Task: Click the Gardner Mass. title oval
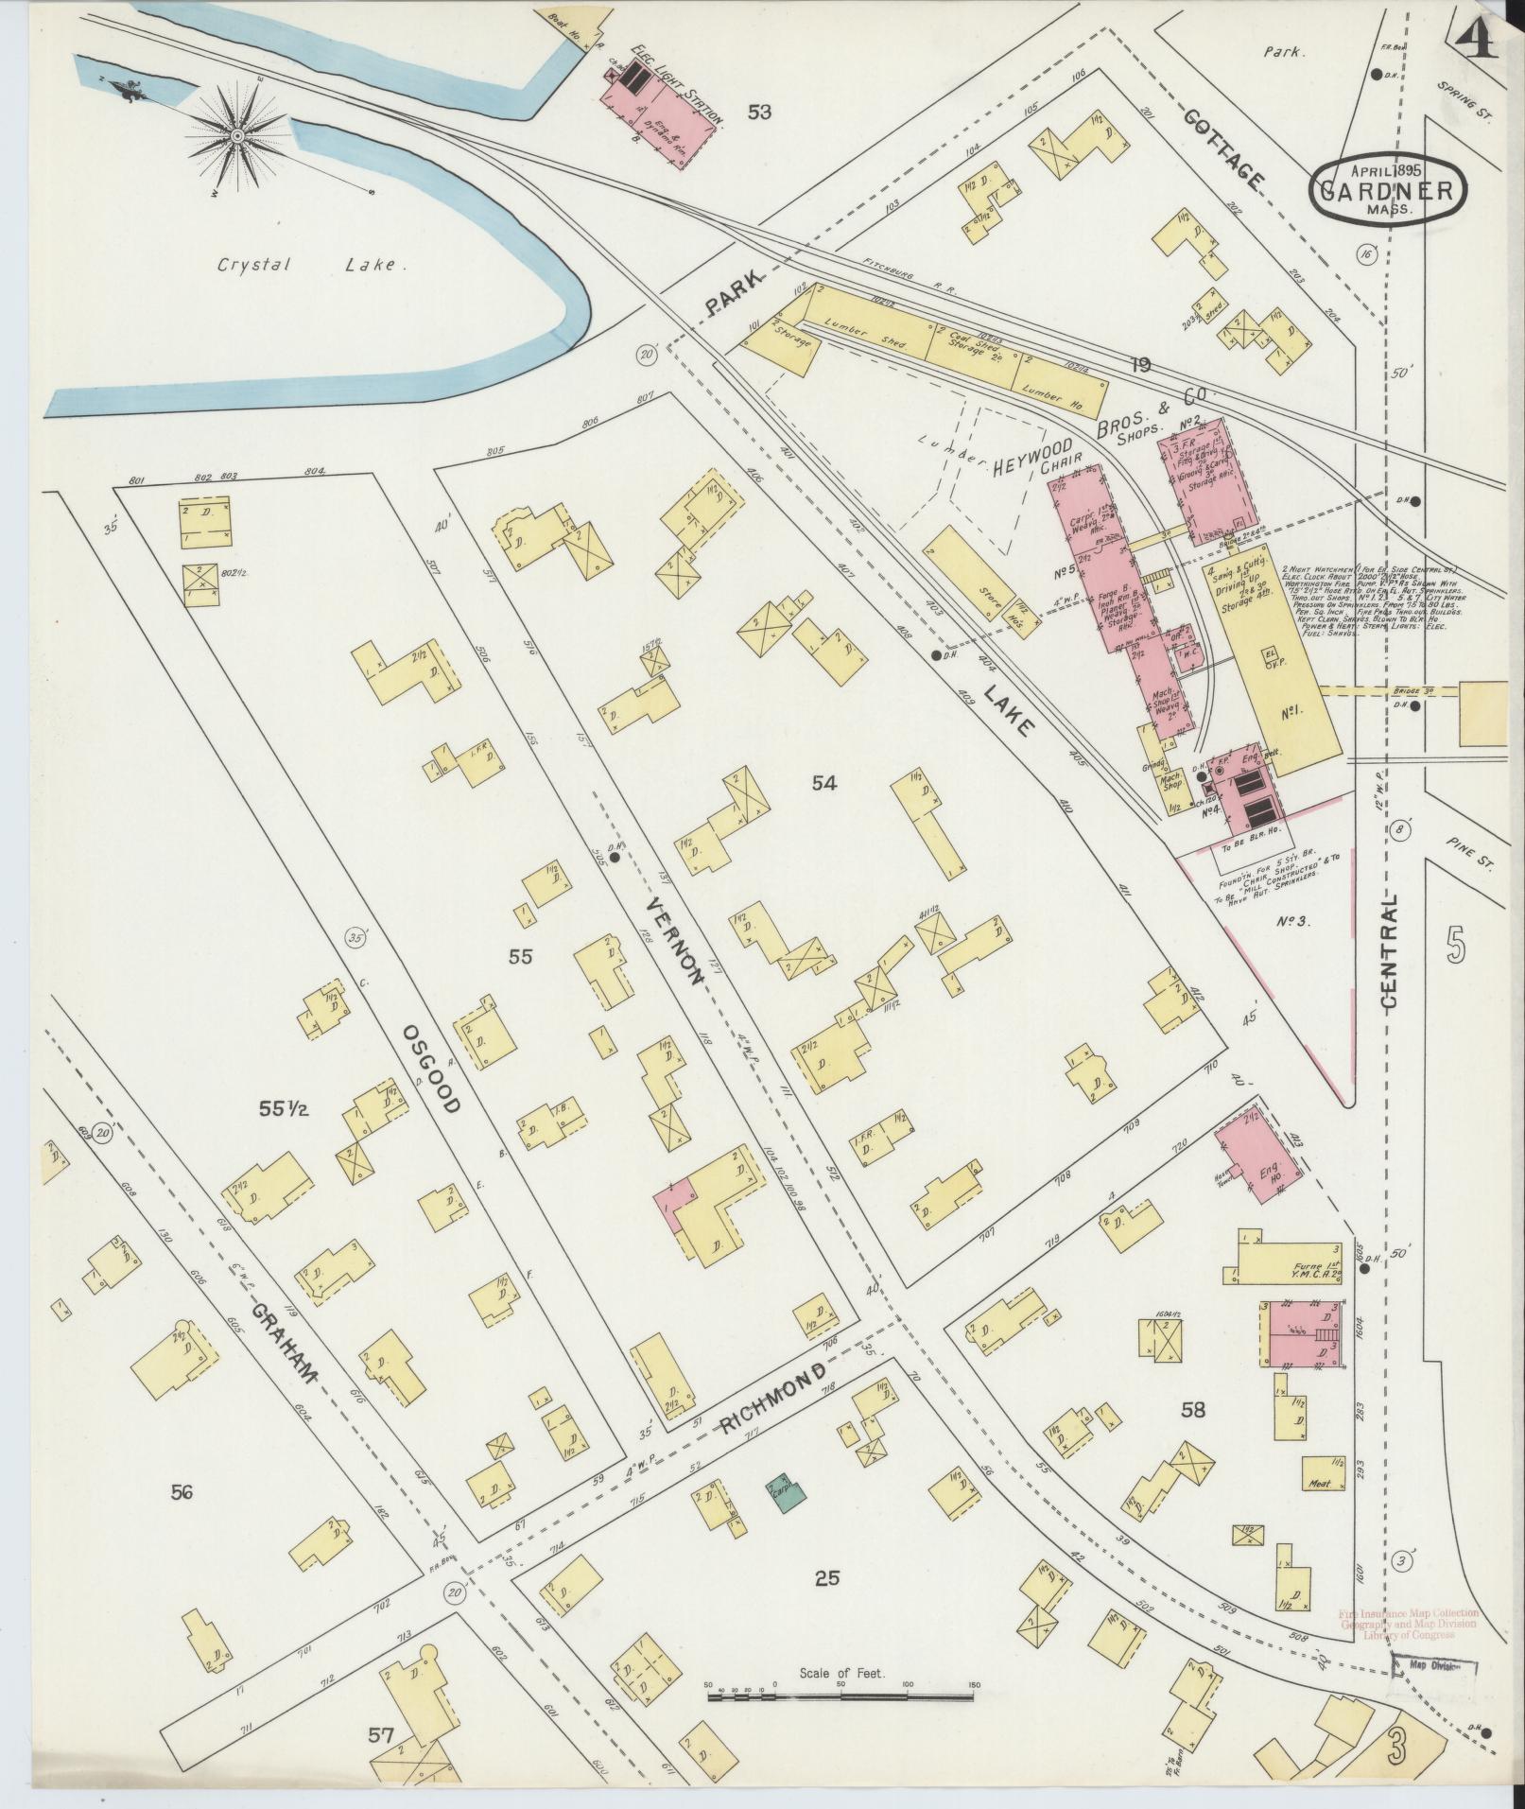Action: tap(1388, 190)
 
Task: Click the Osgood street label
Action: tap(430, 1068)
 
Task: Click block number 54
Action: tap(825, 782)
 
